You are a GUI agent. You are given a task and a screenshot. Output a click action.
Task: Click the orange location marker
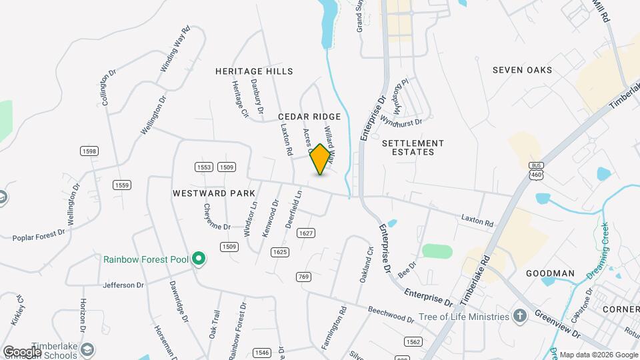point(321,159)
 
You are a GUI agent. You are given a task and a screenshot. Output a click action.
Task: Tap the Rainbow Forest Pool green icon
point(198,259)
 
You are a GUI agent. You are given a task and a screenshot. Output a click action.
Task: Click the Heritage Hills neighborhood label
point(254,71)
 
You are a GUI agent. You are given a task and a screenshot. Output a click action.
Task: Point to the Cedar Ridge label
point(309,117)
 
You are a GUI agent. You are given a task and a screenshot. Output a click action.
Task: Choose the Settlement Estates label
point(413,147)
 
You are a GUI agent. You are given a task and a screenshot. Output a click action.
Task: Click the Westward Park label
point(214,193)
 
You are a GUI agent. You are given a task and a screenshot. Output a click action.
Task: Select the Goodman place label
point(550,273)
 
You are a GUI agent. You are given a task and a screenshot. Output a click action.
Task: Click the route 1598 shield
point(89,151)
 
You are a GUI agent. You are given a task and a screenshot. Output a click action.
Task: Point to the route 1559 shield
point(121,185)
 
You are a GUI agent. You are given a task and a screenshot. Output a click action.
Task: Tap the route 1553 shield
point(204,167)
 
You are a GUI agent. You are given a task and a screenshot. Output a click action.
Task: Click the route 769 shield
point(304,277)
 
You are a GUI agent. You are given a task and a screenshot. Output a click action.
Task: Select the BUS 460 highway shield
point(535,170)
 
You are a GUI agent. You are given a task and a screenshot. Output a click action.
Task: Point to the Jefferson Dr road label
point(123,285)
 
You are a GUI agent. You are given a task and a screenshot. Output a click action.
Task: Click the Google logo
point(22,351)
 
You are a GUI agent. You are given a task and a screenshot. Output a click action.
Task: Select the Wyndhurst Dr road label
point(401,122)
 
